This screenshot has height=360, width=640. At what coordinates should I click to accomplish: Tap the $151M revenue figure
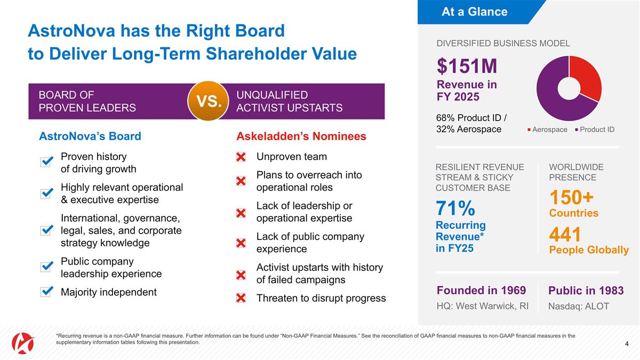point(467,67)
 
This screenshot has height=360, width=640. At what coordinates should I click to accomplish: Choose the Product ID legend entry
point(595,130)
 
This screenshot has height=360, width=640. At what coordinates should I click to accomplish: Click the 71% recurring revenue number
point(455,207)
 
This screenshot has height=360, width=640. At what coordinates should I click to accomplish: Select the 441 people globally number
point(565,235)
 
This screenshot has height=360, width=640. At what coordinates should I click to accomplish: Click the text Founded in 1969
point(481,290)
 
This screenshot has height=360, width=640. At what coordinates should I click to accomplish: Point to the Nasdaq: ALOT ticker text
point(578,307)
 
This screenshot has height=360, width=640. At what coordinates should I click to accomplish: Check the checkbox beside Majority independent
point(46,292)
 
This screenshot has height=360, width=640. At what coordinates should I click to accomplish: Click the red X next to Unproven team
point(241,157)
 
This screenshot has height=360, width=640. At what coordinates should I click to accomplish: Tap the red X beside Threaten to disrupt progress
point(241,298)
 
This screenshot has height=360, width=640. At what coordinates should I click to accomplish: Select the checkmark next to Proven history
point(46,162)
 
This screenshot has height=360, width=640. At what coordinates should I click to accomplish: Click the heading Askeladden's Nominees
point(301,136)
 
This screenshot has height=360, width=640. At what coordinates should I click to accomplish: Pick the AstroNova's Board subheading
point(90,136)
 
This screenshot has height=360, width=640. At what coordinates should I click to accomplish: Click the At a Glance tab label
point(474,12)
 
